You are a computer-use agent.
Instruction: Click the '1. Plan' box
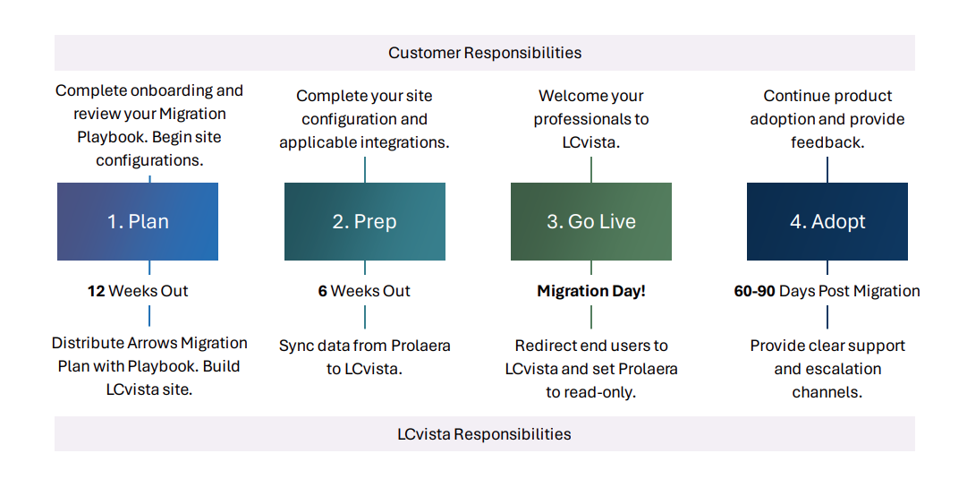[x=138, y=221]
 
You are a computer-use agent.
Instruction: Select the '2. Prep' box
[x=364, y=221]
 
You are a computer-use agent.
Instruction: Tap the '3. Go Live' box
[x=590, y=221]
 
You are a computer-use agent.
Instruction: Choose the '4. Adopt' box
[x=827, y=221]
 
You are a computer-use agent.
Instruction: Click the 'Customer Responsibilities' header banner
[x=484, y=53]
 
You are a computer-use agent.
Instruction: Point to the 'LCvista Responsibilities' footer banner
[x=484, y=434]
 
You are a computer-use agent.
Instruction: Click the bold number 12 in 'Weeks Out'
[x=96, y=291]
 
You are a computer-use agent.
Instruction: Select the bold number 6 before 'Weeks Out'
[x=322, y=291]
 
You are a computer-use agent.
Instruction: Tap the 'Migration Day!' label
[x=590, y=291]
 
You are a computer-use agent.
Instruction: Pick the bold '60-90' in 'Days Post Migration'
[x=755, y=291]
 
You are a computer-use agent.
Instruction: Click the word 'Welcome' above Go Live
[x=565, y=96]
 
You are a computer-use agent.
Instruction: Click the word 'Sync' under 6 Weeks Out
[x=295, y=346]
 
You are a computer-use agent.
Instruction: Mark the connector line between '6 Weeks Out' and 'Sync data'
[x=365, y=317]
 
